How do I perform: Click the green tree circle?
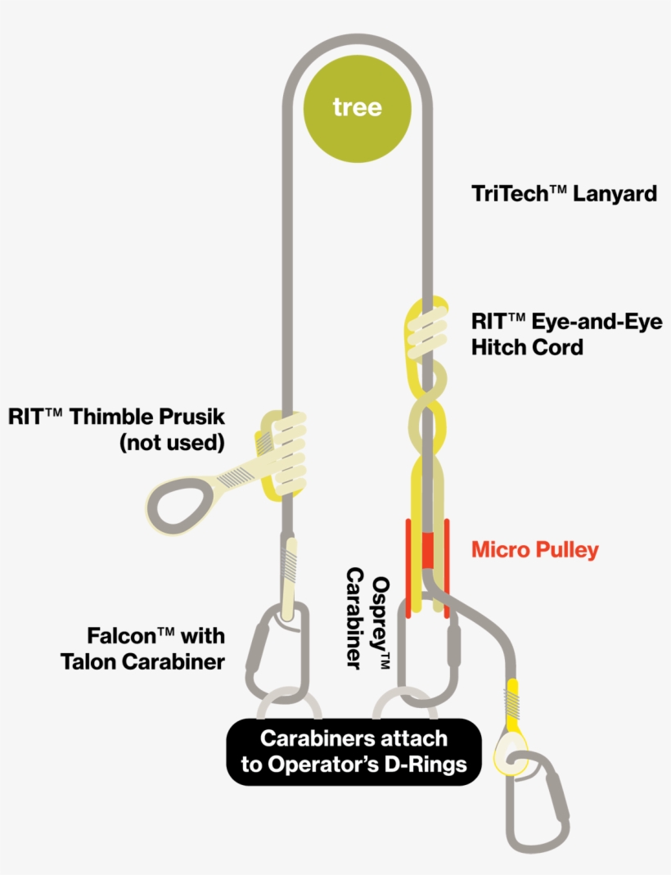click(357, 107)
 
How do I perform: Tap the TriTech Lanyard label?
click(564, 194)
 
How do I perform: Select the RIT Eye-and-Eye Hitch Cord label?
click(566, 334)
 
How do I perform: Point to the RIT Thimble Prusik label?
click(116, 417)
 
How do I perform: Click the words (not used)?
click(171, 444)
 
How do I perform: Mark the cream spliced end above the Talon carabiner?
click(288, 577)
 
